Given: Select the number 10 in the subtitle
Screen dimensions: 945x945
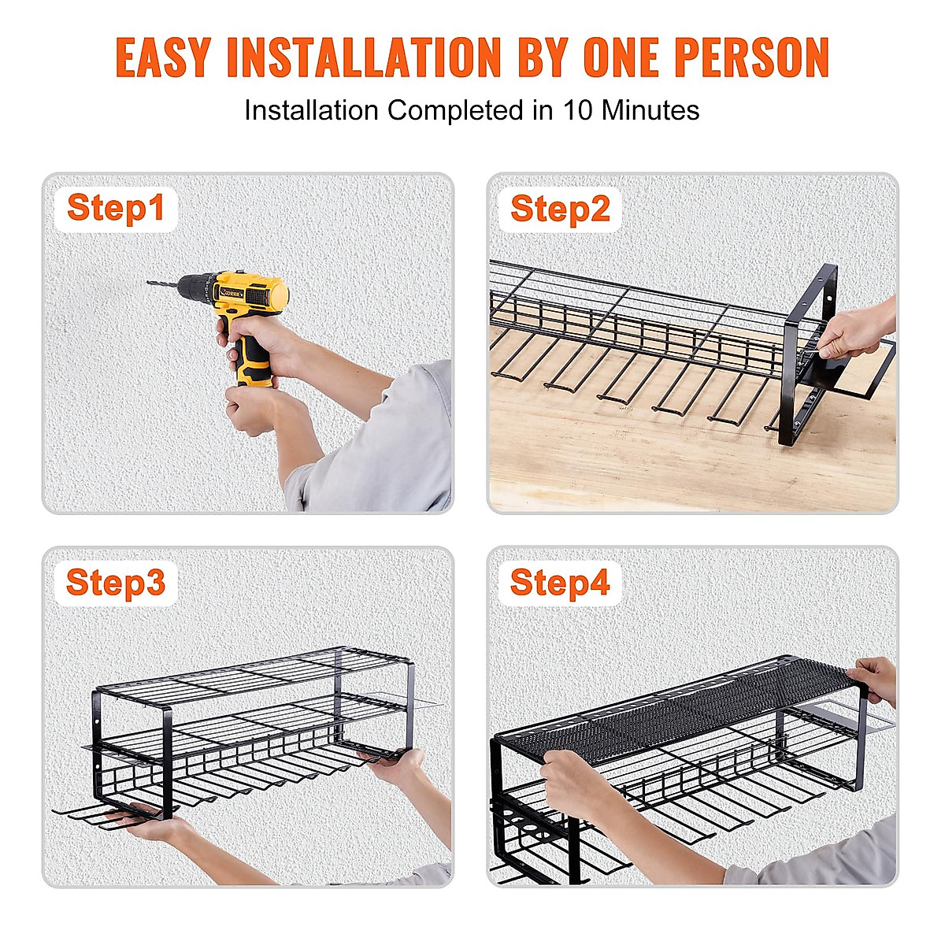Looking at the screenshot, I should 576,110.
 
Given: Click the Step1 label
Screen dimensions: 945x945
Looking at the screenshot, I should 116,209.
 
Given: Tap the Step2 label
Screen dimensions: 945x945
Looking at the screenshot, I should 560,209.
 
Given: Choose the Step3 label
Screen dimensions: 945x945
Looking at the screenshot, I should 116,583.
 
